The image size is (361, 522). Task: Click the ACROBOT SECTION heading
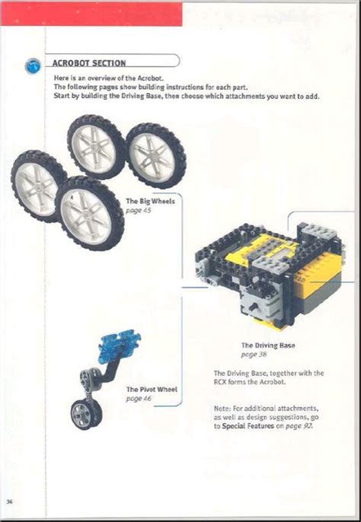click(89, 63)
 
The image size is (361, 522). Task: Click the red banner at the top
click(91, 13)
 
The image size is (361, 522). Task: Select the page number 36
click(10, 501)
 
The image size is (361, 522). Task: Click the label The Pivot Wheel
click(152, 390)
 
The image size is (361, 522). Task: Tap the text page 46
click(139, 398)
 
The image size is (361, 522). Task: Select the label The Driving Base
click(267, 345)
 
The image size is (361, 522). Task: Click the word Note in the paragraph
click(222, 408)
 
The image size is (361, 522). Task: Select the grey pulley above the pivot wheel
click(89, 375)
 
